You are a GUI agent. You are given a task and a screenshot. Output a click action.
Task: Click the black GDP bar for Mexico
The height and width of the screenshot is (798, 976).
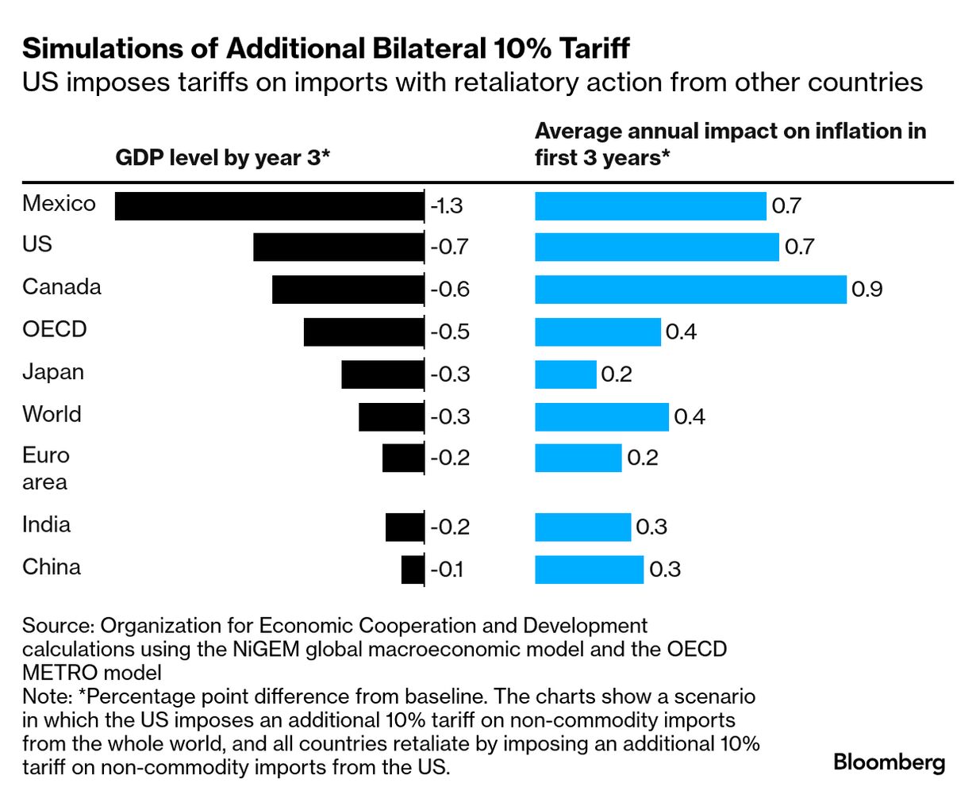269,206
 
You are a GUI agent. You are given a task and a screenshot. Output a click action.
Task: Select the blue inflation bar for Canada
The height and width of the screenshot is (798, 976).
690,290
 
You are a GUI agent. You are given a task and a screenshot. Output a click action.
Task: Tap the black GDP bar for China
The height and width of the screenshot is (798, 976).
413,570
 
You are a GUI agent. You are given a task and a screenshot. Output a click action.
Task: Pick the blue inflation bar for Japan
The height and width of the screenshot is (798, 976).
565,374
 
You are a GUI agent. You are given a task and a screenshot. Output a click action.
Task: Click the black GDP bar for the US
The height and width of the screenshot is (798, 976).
338,247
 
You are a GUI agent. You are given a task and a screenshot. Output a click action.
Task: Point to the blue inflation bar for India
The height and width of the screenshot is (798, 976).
582,527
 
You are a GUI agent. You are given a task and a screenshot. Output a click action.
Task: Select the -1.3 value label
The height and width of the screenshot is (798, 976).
447,206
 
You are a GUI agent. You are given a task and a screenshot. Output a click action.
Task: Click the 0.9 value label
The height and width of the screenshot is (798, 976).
866,290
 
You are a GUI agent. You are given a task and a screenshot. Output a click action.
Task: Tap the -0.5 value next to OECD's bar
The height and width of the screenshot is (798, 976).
450,332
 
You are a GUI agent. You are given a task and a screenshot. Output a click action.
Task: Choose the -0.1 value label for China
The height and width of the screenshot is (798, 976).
447,570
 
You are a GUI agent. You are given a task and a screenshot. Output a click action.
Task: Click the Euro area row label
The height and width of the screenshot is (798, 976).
46,469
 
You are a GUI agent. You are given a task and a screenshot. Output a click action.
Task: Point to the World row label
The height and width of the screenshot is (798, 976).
52,414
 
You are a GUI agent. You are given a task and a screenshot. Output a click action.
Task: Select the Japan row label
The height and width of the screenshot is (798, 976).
53,372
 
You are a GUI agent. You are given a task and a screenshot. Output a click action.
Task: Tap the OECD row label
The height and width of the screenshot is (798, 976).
54,329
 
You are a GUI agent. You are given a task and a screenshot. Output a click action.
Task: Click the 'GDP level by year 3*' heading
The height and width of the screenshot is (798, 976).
222,158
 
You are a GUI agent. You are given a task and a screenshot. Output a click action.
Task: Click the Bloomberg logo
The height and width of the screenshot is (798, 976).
889,763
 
